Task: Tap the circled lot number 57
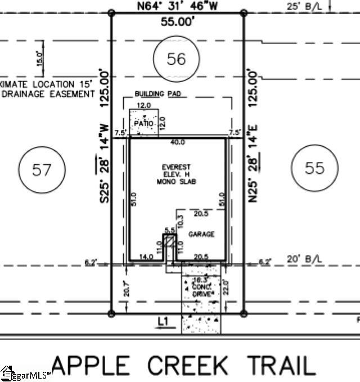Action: pos(42,169)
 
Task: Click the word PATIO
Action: pos(144,123)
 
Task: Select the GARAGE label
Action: pos(201,234)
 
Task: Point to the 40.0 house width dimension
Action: pos(178,143)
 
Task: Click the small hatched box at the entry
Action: pos(167,239)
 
